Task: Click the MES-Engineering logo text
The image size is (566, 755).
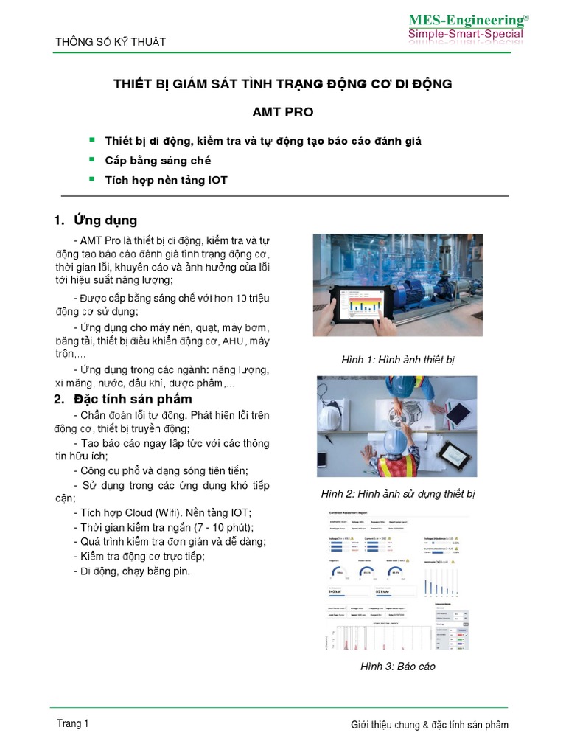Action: coord(468,20)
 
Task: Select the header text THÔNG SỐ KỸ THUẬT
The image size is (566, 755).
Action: coord(111,42)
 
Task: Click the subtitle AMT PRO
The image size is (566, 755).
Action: coord(282,112)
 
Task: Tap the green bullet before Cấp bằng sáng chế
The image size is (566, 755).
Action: coord(92,159)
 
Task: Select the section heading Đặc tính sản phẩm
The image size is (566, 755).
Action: coord(133,399)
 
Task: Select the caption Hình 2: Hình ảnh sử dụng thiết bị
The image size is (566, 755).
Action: coord(398,494)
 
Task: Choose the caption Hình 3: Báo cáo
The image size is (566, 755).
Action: coord(397,667)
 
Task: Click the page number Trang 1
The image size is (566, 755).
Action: coord(73,723)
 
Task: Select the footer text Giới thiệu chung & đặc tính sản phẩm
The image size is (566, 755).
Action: coord(429,725)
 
